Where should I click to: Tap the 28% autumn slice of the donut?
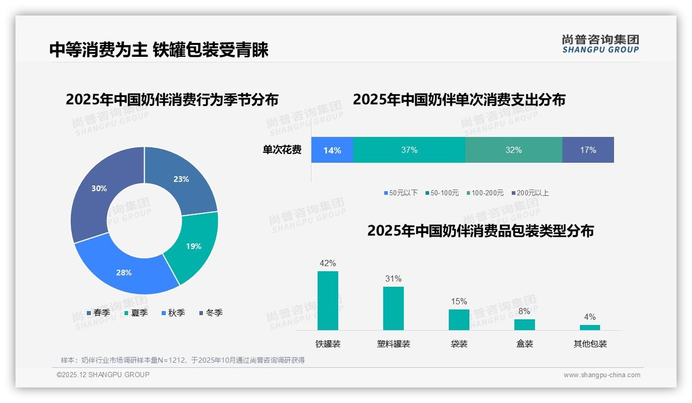[x=124, y=272]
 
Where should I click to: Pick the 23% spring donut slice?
[x=181, y=179]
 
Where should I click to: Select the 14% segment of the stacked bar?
[x=332, y=150]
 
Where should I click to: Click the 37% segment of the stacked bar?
[x=409, y=150]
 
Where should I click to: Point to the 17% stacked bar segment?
[x=588, y=150]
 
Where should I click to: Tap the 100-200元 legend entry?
[x=485, y=193]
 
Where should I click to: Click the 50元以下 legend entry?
[x=401, y=193]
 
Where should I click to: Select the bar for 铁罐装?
[x=328, y=301]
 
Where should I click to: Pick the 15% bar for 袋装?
[x=459, y=320]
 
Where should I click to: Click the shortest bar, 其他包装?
[x=590, y=328]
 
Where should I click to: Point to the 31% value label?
[x=394, y=278]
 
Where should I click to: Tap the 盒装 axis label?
[x=525, y=344]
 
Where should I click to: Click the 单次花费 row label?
[x=282, y=150]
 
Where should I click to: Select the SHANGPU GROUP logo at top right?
[x=600, y=43]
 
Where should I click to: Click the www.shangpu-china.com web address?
[x=602, y=375]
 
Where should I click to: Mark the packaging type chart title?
[x=480, y=231]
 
